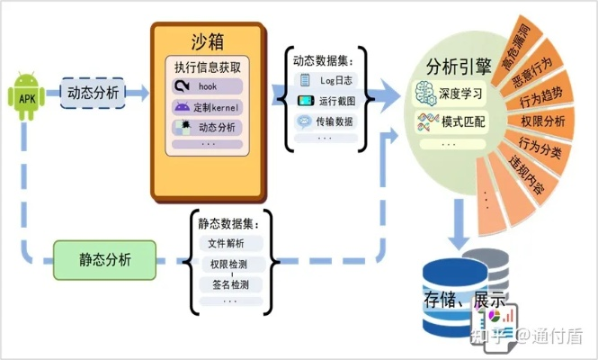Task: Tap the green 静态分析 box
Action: pyautogui.click(x=104, y=259)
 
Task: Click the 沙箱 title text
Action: pyautogui.click(x=208, y=43)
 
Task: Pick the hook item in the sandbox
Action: pyautogui.click(x=208, y=87)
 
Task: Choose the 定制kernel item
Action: pyautogui.click(x=208, y=107)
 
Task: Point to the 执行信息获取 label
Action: pyautogui.click(x=208, y=67)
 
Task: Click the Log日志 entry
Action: pyautogui.click(x=329, y=82)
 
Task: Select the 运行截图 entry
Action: pyautogui.click(x=329, y=102)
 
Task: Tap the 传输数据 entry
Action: pyautogui.click(x=329, y=121)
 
